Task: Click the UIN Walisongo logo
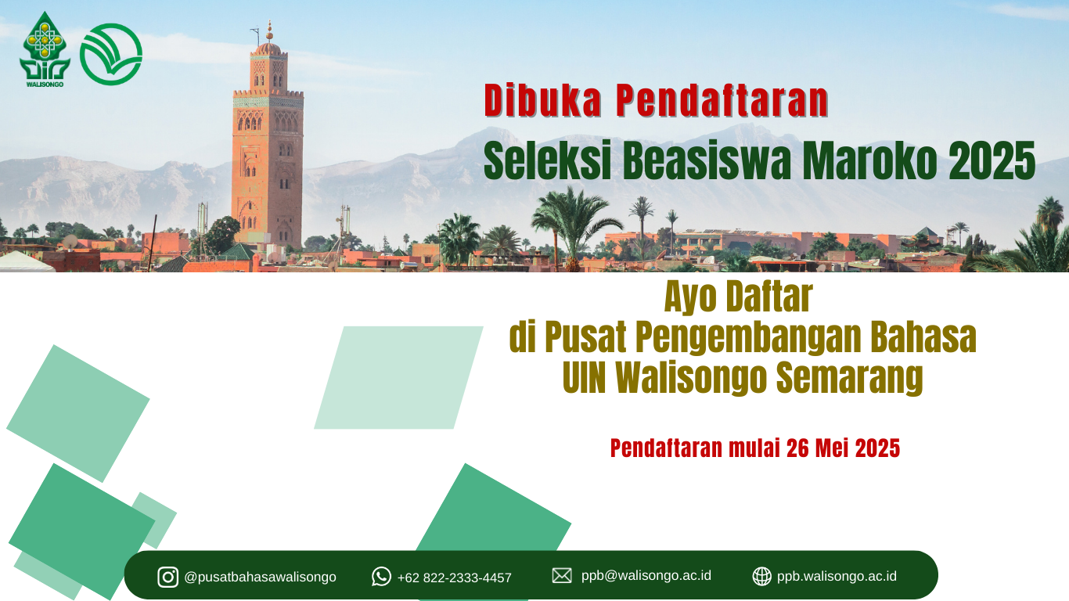[x=45, y=49]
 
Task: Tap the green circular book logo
[x=110, y=55]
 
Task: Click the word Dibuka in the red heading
[x=542, y=100]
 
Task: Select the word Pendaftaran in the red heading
[x=722, y=100]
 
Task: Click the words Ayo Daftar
[x=738, y=297]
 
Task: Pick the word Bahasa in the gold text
[x=923, y=336]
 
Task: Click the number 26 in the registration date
[x=797, y=448]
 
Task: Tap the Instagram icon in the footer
[x=168, y=577]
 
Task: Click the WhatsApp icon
[x=381, y=577]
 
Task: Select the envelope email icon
[x=562, y=576]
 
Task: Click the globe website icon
[x=761, y=576]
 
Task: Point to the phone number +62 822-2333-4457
[x=455, y=578]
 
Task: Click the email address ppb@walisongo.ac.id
[x=646, y=576]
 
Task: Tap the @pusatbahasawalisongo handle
[x=260, y=577]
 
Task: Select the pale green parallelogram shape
[x=398, y=378]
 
